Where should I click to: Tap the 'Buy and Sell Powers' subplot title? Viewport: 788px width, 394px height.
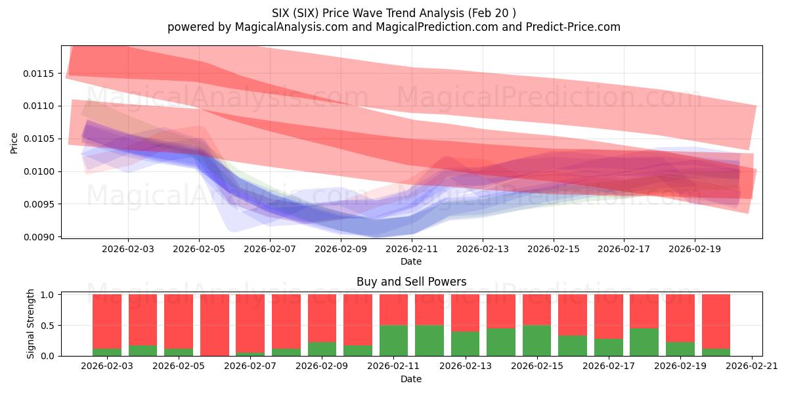point(411,282)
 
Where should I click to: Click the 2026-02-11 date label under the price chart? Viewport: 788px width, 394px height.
point(412,250)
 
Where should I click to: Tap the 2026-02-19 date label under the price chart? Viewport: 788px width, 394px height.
point(695,250)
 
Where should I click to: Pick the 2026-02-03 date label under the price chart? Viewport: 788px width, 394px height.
point(128,250)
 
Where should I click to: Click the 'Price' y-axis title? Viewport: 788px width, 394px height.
point(14,142)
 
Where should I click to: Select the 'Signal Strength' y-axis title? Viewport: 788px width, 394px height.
point(31,324)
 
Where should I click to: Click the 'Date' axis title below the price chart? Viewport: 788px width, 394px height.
point(411,261)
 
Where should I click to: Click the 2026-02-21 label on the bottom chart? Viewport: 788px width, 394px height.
point(751,366)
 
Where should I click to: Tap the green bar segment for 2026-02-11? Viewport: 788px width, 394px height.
point(393,340)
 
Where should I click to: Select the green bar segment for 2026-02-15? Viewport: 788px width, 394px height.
point(536,340)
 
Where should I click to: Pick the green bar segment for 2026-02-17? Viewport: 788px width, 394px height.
point(608,347)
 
